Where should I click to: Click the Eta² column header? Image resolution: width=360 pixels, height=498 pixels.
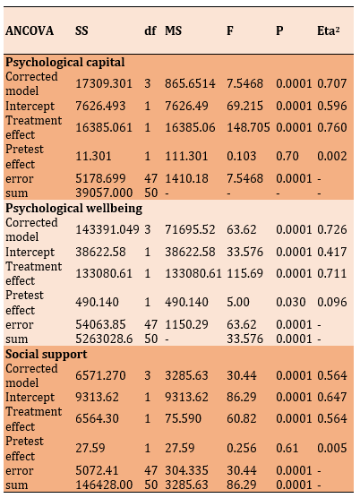pyautogui.click(x=329, y=30)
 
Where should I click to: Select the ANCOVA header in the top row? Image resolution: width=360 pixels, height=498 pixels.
pyautogui.click(x=30, y=30)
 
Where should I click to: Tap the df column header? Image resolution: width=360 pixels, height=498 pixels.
pyautogui.click(x=150, y=30)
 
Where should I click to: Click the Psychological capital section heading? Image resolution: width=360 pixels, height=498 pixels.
pyautogui.click(x=65, y=63)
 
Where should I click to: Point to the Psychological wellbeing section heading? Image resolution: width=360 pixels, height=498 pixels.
pyautogui.click(x=74, y=209)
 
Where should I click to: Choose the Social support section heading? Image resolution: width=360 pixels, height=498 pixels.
pyautogui.click(x=46, y=354)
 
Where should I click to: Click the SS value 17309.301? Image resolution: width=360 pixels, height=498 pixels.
pyautogui.click(x=104, y=83)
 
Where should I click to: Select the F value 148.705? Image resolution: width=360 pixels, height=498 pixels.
pyautogui.click(x=248, y=127)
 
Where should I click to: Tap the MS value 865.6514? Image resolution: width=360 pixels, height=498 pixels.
pyautogui.click(x=190, y=83)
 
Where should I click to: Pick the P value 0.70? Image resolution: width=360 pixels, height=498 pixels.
pyautogui.click(x=287, y=156)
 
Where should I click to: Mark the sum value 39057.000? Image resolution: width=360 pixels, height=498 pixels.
pyautogui.click(x=104, y=193)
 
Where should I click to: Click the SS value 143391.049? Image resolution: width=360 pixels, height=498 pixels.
pyautogui.click(x=107, y=229)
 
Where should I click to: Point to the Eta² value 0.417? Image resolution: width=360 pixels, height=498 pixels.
pyautogui.click(x=332, y=252)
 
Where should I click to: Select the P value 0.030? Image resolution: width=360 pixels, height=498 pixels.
pyautogui.click(x=291, y=302)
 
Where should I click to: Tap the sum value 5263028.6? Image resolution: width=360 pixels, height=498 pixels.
pyautogui.click(x=104, y=339)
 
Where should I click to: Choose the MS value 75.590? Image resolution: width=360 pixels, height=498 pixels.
pyautogui.click(x=183, y=418)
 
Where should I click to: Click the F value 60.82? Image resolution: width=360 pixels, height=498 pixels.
pyautogui.click(x=241, y=418)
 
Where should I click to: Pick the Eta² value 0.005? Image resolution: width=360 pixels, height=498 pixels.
pyautogui.click(x=332, y=448)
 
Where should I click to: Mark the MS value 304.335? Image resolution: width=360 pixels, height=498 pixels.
pyautogui.click(x=186, y=470)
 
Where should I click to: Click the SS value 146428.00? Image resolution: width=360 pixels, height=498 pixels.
pyautogui.click(x=104, y=485)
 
